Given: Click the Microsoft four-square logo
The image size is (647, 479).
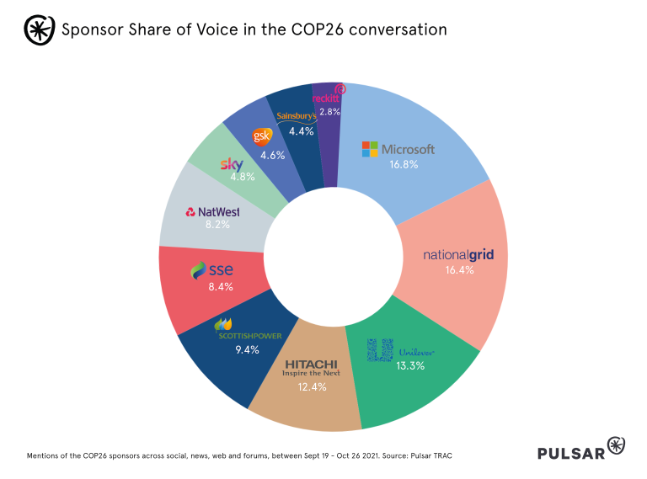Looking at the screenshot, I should (x=371, y=149).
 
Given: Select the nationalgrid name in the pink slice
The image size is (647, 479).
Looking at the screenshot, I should (x=458, y=254).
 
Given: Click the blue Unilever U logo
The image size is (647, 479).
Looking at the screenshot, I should (x=381, y=350).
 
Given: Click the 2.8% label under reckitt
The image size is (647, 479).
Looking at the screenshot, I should (x=329, y=111).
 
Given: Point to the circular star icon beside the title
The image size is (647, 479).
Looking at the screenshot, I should (x=36, y=29).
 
